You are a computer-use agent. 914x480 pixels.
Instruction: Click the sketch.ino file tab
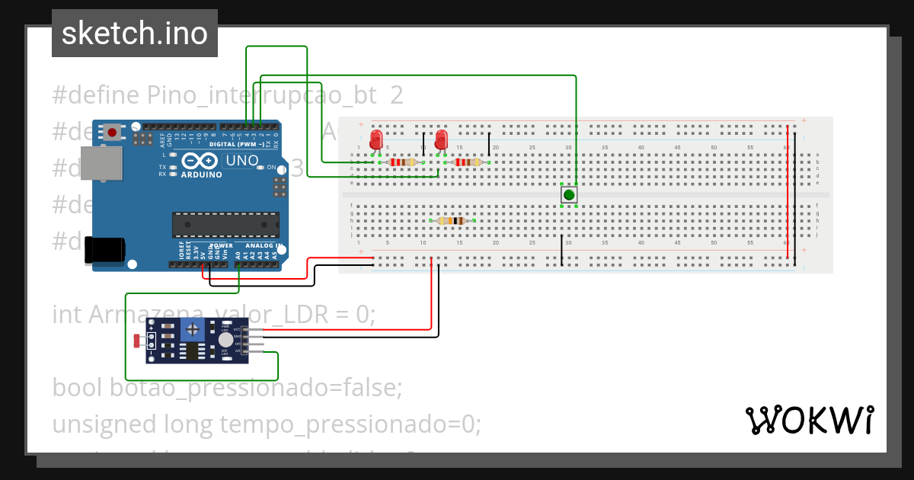coord(135,34)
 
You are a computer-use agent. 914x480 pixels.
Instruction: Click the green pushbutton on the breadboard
coord(568,195)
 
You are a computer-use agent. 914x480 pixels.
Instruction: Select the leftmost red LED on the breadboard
coord(376,140)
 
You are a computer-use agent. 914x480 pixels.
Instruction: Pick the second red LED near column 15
coord(441,140)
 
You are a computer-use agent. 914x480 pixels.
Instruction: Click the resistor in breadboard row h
coord(452,221)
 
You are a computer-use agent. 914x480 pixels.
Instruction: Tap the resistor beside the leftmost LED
coord(401,162)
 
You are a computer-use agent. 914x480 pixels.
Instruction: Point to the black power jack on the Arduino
coord(104,251)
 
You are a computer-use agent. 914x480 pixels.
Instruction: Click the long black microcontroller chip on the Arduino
coord(225,224)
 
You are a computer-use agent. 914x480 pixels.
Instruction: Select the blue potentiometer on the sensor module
coord(193,330)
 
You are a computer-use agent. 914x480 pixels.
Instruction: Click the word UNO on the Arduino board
coord(241,161)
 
